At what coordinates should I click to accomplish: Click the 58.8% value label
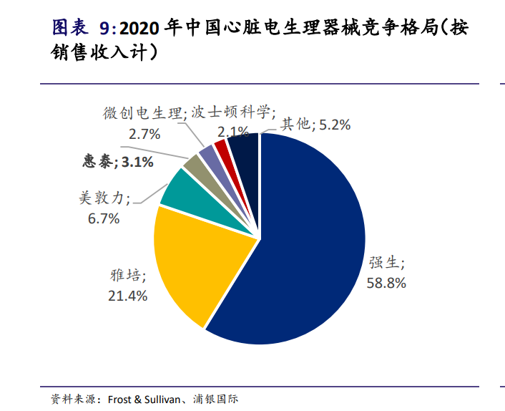pyautogui.click(x=386, y=283)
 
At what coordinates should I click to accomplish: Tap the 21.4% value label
pyautogui.click(x=127, y=296)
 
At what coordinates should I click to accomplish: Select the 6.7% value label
pyautogui.click(x=104, y=218)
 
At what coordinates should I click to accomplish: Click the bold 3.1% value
pyautogui.click(x=137, y=162)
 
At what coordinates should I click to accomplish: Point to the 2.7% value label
pyautogui.click(x=144, y=134)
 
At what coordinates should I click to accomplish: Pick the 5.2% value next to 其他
pyautogui.click(x=335, y=125)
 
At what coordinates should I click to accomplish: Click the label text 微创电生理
pyautogui.click(x=142, y=113)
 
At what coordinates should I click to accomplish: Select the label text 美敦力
pyautogui.click(x=102, y=198)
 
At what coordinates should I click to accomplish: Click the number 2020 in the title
pyautogui.click(x=139, y=29)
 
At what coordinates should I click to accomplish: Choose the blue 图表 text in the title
pyautogui.click(x=70, y=27)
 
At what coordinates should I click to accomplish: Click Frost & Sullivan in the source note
pyautogui.click(x=144, y=400)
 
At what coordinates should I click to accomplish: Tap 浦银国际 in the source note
pyautogui.click(x=215, y=399)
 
